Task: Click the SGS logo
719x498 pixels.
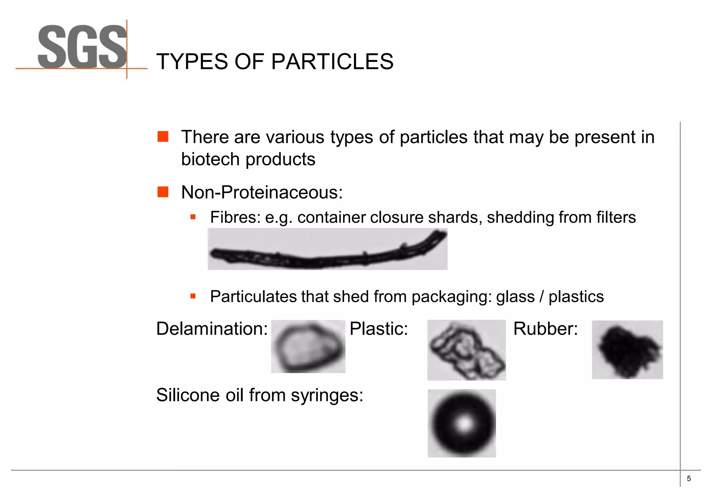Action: (x=82, y=47)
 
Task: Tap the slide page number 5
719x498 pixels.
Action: (x=689, y=478)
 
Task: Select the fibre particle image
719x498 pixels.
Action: (x=327, y=249)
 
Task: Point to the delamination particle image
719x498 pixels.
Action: (x=308, y=347)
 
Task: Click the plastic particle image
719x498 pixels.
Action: (x=466, y=350)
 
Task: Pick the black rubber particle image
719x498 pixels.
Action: (x=627, y=350)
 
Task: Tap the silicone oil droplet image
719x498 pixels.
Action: (x=462, y=423)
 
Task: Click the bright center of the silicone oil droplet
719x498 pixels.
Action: (x=464, y=424)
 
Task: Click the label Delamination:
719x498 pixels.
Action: (x=212, y=329)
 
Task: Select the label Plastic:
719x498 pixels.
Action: (x=378, y=329)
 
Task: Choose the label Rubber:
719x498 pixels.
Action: (x=545, y=329)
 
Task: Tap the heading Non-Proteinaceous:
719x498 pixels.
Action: (x=262, y=192)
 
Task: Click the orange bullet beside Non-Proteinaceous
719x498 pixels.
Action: (x=163, y=192)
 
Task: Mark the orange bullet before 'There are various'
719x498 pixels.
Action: (x=163, y=137)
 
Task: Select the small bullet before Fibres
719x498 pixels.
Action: (x=193, y=217)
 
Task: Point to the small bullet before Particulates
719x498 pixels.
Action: (x=193, y=296)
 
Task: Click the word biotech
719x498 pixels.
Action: (x=210, y=159)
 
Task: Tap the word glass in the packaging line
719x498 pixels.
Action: (x=515, y=297)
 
